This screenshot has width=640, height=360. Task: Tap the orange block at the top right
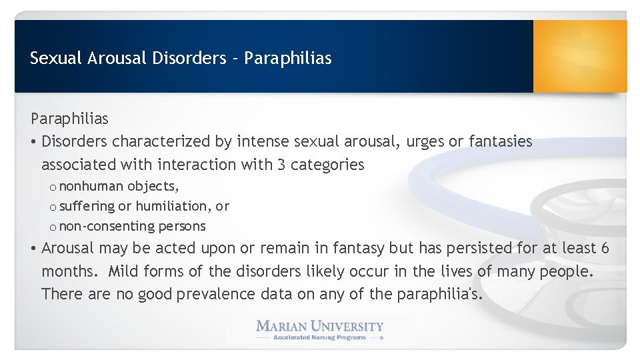[x=579, y=56]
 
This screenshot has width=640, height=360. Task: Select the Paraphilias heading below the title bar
[x=69, y=119]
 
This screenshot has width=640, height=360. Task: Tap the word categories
[x=327, y=164]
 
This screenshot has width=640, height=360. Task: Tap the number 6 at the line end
[x=605, y=248]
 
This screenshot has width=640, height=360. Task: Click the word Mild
[x=123, y=271]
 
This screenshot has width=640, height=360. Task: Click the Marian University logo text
[x=320, y=326]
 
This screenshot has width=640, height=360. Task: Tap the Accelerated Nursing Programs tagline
[x=320, y=338]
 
